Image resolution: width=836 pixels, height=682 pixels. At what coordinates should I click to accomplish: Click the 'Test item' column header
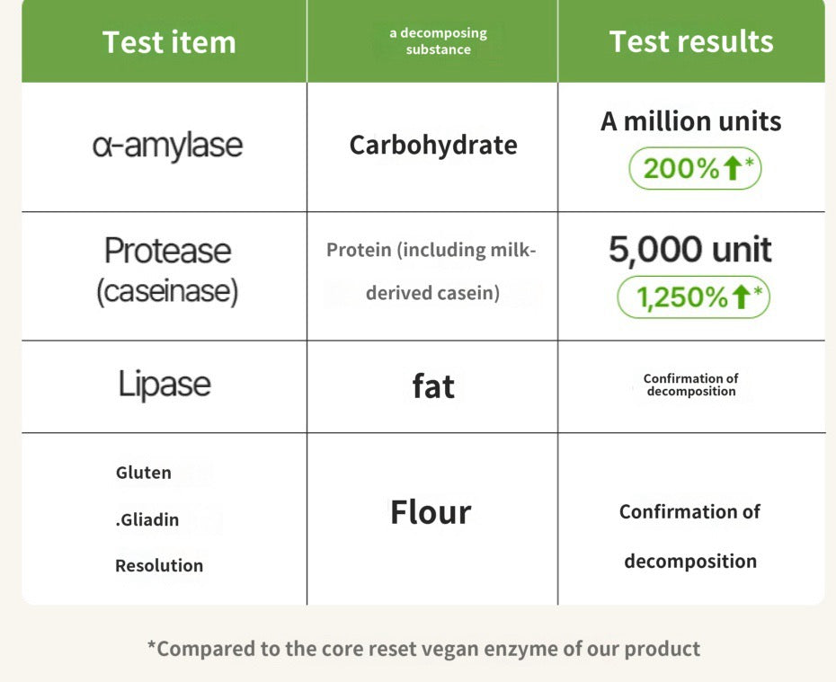coord(169,42)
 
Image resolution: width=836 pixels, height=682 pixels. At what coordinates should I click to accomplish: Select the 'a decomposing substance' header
coord(439,41)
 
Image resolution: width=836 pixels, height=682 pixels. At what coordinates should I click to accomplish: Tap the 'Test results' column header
coord(691,41)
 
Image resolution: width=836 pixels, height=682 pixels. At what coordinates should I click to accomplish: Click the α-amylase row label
coord(167,146)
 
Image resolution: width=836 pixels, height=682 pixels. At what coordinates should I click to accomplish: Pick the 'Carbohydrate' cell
coord(433,145)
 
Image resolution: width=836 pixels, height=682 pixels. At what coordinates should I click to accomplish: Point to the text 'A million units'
coord(691,121)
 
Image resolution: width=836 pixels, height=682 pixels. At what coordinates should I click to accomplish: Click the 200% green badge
coord(695,168)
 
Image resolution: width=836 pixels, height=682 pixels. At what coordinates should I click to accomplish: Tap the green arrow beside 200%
coord(733,168)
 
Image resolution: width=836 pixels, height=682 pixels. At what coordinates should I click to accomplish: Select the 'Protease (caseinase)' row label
coord(167,270)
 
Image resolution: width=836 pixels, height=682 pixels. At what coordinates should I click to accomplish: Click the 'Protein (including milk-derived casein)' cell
coord(431,271)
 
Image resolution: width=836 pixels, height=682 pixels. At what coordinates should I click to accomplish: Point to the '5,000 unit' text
coord(689,250)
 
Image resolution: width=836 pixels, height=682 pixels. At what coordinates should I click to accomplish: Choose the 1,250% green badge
coord(694,297)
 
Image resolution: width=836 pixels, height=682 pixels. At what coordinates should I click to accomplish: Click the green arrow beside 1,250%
coord(741,297)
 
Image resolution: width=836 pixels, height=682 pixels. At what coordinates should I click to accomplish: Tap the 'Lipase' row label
coord(165,385)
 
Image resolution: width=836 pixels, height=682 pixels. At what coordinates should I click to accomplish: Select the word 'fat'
coord(433,386)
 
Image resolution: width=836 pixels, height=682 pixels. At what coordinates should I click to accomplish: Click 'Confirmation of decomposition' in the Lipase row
coord(691,385)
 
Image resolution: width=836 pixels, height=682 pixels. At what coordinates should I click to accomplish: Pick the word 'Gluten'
coord(144,473)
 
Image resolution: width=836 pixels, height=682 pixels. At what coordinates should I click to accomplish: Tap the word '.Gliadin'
coord(147,519)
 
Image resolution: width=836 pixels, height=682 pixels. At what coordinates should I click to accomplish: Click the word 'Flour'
coord(431,512)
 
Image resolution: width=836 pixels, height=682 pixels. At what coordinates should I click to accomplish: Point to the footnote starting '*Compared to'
coord(423,649)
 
